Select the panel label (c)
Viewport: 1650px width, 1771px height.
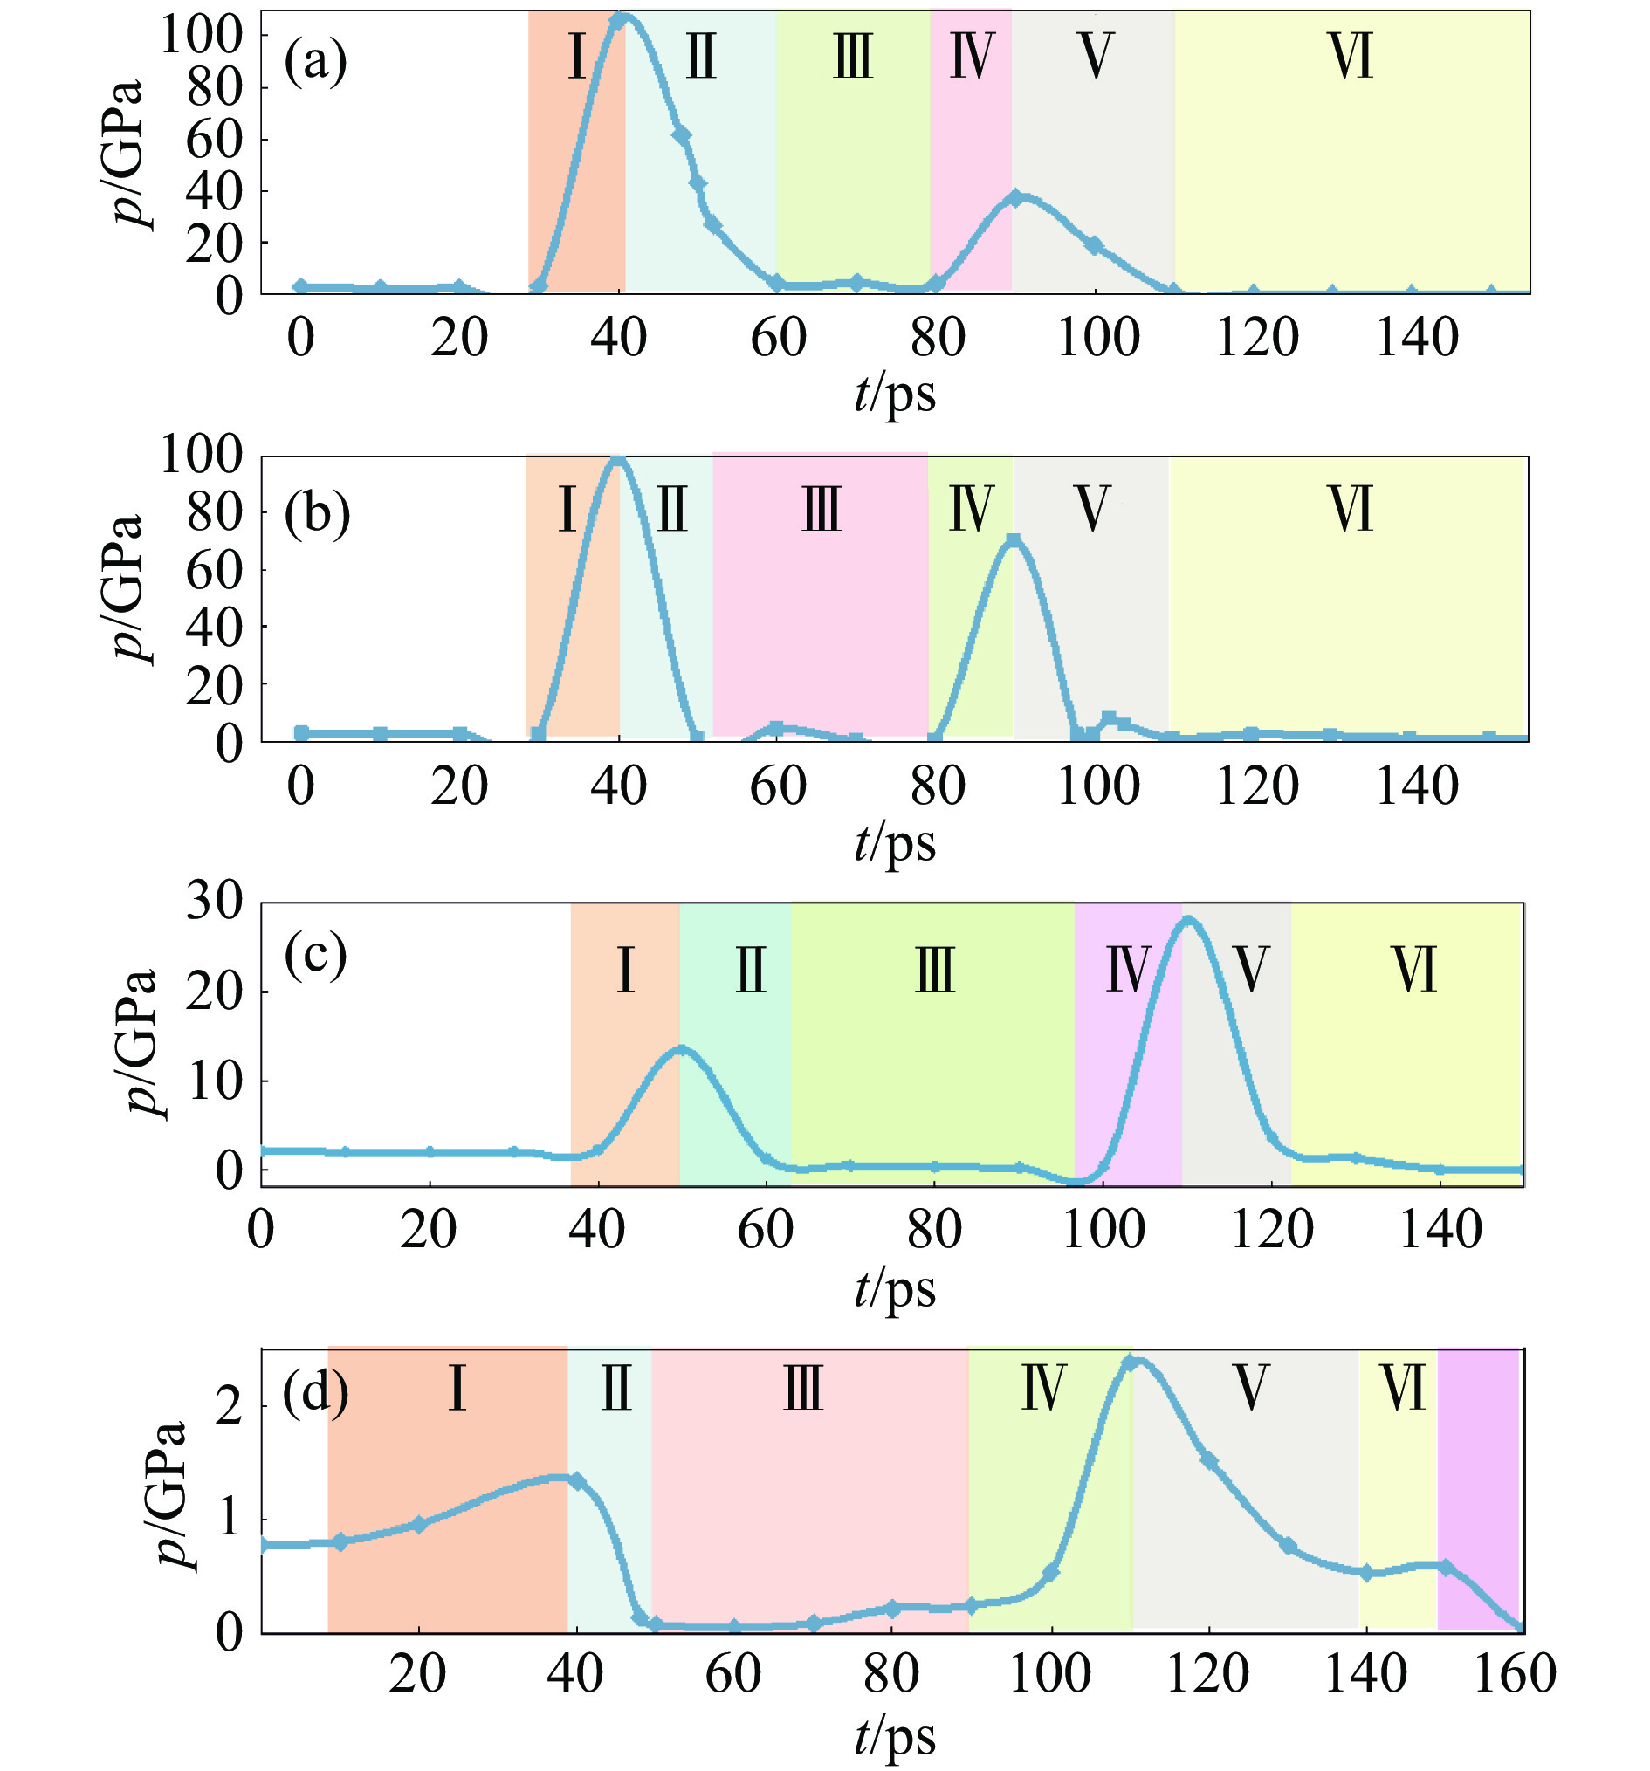pyautogui.click(x=314, y=956)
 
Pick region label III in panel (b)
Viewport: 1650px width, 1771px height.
pyautogui.click(x=821, y=511)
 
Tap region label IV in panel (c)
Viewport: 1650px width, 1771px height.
pyautogui.click(x=1128, y=969)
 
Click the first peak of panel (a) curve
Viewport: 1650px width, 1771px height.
pyautogui.click(x=622, y=17)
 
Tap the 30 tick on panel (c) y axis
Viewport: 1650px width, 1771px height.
pyautogui.click(x=214, y=903)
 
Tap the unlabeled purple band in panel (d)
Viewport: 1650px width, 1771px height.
pyautogui.click(x=1477, y=1487)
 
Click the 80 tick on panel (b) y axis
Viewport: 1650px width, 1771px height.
pyautogui.click(x=214, y=512)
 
